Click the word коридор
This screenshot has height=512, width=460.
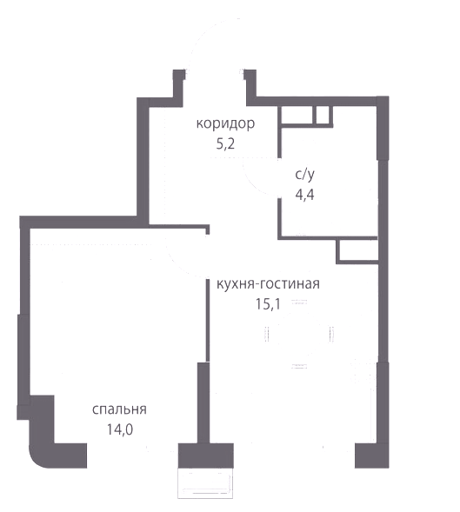pos(225,124)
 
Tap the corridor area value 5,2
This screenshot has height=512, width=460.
pos(225,144)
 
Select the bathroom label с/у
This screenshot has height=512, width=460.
pos(305,175)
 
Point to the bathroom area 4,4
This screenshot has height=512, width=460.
pos(305,195)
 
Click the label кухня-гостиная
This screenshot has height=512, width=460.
pos(268,284)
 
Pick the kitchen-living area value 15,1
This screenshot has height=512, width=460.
pos(268,304)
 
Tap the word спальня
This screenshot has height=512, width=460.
pos(119,409)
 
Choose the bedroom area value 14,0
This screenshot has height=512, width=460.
pos(120,429)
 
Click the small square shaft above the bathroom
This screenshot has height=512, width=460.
pos(323,115)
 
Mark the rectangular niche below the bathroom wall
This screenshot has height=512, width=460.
pos(357,251)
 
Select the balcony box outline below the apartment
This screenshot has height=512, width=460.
pos(205,483)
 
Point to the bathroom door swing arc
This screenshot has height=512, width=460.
pos(253,183)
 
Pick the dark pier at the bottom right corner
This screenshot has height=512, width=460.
pos(372,455)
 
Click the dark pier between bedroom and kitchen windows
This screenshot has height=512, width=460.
pos(205,455)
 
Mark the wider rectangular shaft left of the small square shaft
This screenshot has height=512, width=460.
pos(298,115)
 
